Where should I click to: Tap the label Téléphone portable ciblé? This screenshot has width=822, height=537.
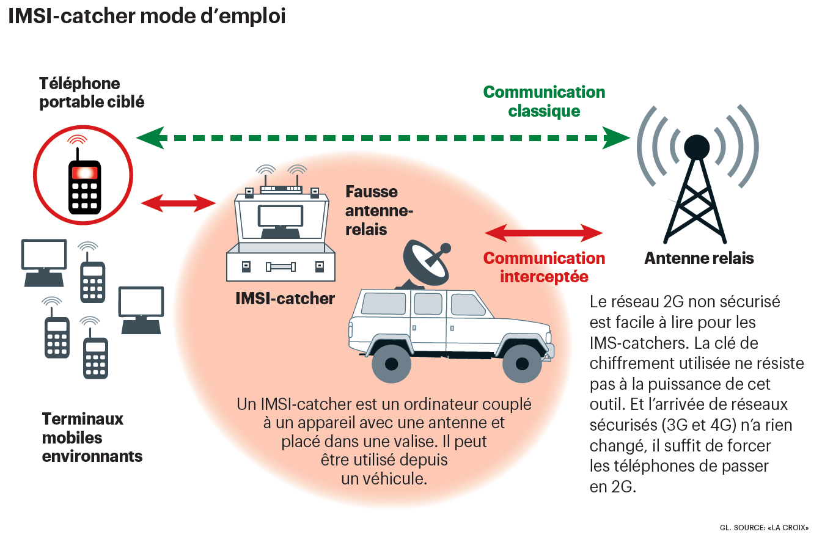click(92, 92)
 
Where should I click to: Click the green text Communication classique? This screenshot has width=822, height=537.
click(544, 101)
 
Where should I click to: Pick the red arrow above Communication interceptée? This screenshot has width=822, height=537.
click(543, 233)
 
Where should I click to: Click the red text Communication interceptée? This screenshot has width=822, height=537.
click(544, 267)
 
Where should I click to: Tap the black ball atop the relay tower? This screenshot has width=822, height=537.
click(697, 146)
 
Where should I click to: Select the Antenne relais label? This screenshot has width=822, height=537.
click(699, 258)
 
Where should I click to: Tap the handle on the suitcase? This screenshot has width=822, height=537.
click(281, 266)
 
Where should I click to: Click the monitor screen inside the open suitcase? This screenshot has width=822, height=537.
click(281, 216)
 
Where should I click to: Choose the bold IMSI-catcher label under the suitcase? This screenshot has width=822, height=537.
click(285, 299)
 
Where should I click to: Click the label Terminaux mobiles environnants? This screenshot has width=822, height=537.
click(92, 437)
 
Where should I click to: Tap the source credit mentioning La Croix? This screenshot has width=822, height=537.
click(763, 527)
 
